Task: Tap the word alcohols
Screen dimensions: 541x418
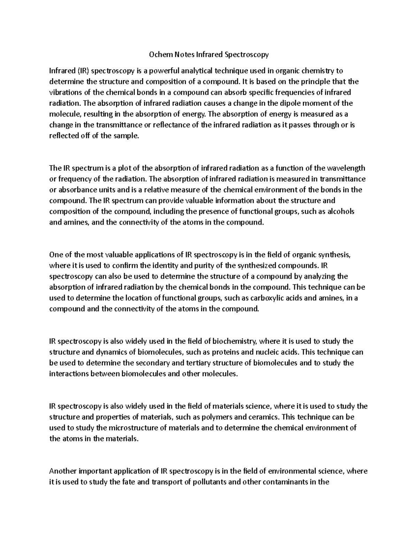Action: point(341,211)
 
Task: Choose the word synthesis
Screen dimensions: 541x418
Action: point(334,255)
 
